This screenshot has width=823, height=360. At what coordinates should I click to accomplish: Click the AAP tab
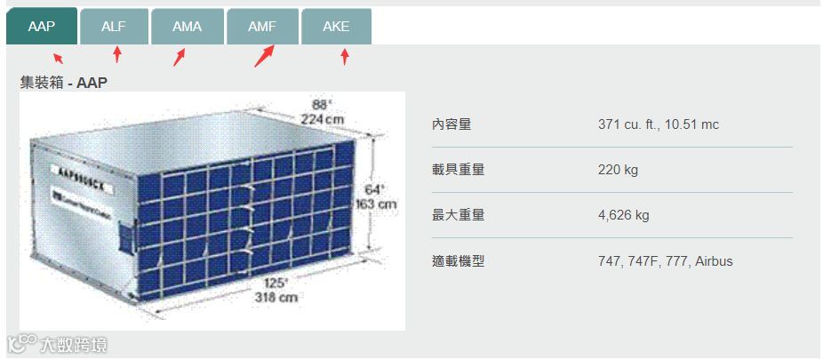[x=42, y=26]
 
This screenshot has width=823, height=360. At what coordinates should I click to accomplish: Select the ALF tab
[x=114, y=27]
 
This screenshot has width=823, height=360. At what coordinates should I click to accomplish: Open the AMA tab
[x=187, y=27]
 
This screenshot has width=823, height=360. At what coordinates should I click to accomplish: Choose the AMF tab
[x=261, y=27]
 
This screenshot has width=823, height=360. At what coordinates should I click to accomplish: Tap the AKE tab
[x=336, y=27]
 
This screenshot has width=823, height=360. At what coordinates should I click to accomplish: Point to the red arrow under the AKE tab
[x=345, y=58]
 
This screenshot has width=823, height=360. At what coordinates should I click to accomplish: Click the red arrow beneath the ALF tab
[x=116, y=56]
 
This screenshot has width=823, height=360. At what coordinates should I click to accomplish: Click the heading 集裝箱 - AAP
[x=64, y=83]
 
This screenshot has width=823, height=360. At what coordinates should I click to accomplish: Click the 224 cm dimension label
[x=322, y=119]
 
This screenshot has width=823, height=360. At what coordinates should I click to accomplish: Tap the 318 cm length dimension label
[x=276, y=298]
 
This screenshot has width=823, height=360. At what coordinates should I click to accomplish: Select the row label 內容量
[x=451, y=124]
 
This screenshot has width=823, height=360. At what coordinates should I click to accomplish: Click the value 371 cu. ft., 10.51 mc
[x=659, y=124]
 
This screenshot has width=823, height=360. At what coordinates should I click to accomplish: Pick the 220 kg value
[x=619, y=170]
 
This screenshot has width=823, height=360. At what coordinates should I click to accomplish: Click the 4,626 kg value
[x=624, y=215]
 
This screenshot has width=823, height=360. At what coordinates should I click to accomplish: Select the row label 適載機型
[x=458, y=261]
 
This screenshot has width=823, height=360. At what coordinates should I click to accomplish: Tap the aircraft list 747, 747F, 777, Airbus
[x=666, y=261]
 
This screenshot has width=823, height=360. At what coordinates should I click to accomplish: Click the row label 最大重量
[x=458, y=215]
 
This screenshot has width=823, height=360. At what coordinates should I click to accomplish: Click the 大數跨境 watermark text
[x=73, y=344]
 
